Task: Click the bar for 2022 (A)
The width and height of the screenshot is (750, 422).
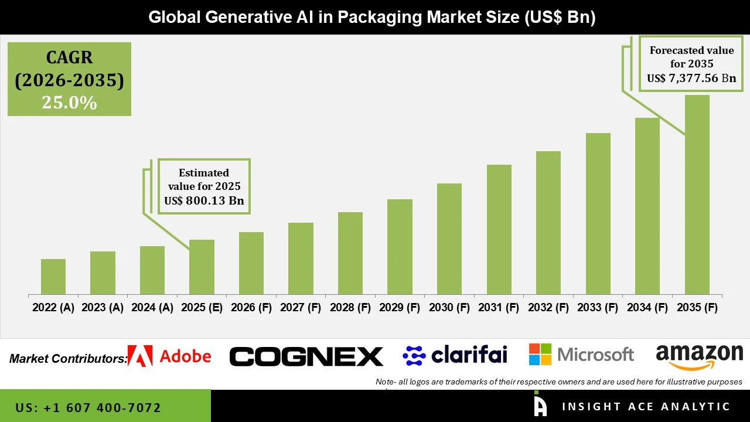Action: [x=53, y=277]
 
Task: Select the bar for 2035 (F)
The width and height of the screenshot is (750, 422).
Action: [x=697, y=195]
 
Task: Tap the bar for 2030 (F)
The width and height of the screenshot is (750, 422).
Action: [x=449, y=239]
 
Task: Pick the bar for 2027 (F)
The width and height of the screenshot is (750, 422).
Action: [x=301, y=258]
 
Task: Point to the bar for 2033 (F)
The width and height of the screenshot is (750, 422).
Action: [x=598, y=213]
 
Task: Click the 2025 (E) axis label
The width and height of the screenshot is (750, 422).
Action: [x=202, y=308]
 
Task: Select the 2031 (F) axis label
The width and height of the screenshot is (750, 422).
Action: [x=499, y=308]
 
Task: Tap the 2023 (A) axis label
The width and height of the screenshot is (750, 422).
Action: [x=103, y=308]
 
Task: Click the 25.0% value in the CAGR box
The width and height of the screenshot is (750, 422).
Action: [x=69, y=103]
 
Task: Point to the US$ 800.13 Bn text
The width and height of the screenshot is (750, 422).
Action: [x=204, y=201]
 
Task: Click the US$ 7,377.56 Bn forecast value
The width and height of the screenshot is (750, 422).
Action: [x=691, y=78]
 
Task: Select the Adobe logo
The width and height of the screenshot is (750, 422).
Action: [x=169, y=356]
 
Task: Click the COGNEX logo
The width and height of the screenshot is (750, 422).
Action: [x=306, y=356]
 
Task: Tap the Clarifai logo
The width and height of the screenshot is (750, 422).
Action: [x=455, y=355]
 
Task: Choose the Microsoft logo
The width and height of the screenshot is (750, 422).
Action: [x=581, y=355]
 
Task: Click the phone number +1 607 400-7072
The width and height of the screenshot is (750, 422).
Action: [x=88, y=407]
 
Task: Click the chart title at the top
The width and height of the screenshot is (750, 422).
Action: [x=372, y=17]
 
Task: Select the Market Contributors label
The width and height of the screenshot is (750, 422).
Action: [x=68, y=358]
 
